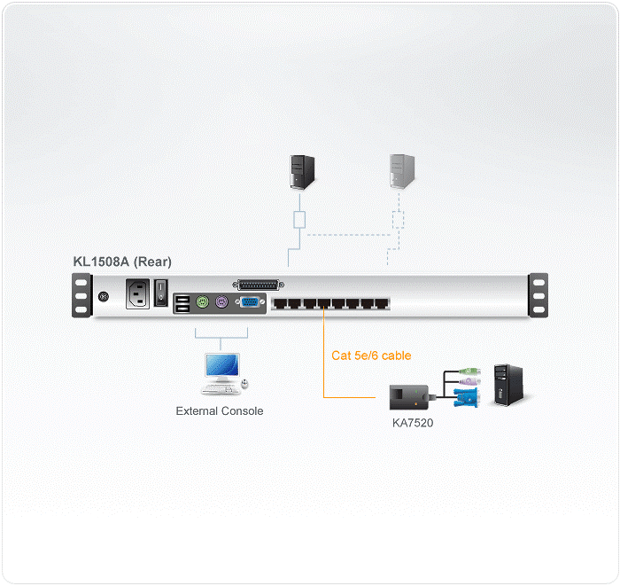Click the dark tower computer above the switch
(303, 170)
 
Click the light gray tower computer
(402, 170)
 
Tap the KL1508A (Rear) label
(124, 263)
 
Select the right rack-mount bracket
(539, 294)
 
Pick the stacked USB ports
(182, 303)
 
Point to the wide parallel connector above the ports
(259, 285)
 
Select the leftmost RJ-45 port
(280, 303)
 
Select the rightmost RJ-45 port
(383, 303)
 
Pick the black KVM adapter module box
(408, 396)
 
